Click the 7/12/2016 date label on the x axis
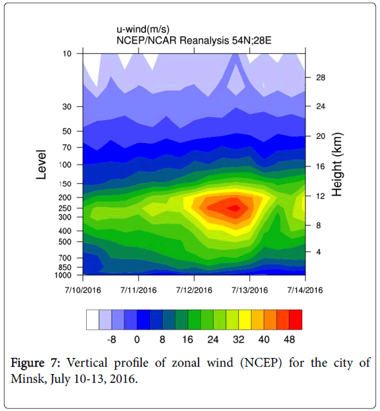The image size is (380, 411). (x=194, y=290)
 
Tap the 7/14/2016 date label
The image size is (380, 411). (x=305, y=290)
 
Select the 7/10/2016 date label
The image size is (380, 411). (x=83, y=290)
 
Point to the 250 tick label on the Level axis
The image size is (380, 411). (x=66, y=208)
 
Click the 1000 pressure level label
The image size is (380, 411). (x=63, y=275)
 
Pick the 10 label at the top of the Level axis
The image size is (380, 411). (x=67, y=54)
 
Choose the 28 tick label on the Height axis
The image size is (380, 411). (x=320, y=78)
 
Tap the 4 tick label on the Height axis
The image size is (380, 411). (x=318, y=252)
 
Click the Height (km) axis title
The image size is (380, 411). (x=337, y=165)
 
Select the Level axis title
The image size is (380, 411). (x=41, y=165)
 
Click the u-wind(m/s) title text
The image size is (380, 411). (x=143, y=29)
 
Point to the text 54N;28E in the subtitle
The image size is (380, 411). (x=252, y=40)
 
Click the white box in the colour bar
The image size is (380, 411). (x=93, y=320)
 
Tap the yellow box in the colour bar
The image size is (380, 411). (x=245, y=320)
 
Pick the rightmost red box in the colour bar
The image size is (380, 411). (x=296, y=320)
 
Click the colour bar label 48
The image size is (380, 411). (x=289, y=340)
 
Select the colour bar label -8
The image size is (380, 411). (x=112, y=340)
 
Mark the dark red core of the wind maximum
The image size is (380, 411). (x=234, y=208)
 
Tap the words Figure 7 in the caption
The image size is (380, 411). (x=35, y=363)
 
